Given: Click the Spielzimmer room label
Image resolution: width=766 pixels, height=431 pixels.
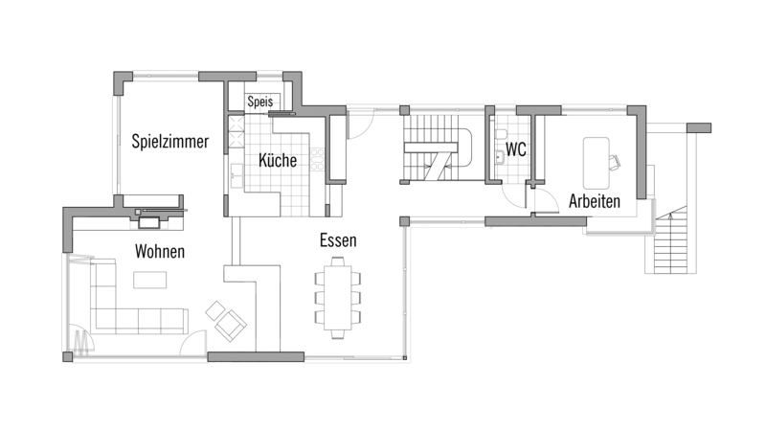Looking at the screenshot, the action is [170, 141].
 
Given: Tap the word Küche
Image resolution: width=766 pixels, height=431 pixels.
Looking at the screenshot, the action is [278, 160].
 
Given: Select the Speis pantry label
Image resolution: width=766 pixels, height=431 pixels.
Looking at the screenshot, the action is [259, 102].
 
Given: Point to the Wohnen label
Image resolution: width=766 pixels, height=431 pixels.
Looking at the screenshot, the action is [160, 251].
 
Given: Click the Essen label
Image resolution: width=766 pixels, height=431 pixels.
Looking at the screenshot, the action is [338, 240].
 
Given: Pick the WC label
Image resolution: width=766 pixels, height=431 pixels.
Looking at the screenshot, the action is [516, 149].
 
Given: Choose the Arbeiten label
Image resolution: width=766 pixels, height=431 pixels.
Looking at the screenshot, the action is [595, 201].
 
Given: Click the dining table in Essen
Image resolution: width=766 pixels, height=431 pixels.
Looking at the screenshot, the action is [338, 298].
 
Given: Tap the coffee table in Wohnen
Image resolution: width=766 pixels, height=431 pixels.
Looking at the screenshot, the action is [149, 280].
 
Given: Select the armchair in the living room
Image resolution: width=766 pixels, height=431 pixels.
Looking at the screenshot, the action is [231, 325].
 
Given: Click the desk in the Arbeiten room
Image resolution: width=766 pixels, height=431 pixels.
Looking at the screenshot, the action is [596, 163].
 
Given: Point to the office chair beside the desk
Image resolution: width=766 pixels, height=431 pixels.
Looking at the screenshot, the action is [614, 162].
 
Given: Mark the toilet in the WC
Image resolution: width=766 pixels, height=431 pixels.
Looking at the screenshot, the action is [500, 133].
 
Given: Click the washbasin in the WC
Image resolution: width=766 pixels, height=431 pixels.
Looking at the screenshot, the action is [499, 157].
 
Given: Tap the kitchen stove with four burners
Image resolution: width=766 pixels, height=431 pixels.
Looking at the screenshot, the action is [317, 159].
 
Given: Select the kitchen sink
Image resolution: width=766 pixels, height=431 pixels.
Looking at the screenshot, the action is [237, 175].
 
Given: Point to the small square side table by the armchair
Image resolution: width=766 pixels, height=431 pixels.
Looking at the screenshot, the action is [214, 310].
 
